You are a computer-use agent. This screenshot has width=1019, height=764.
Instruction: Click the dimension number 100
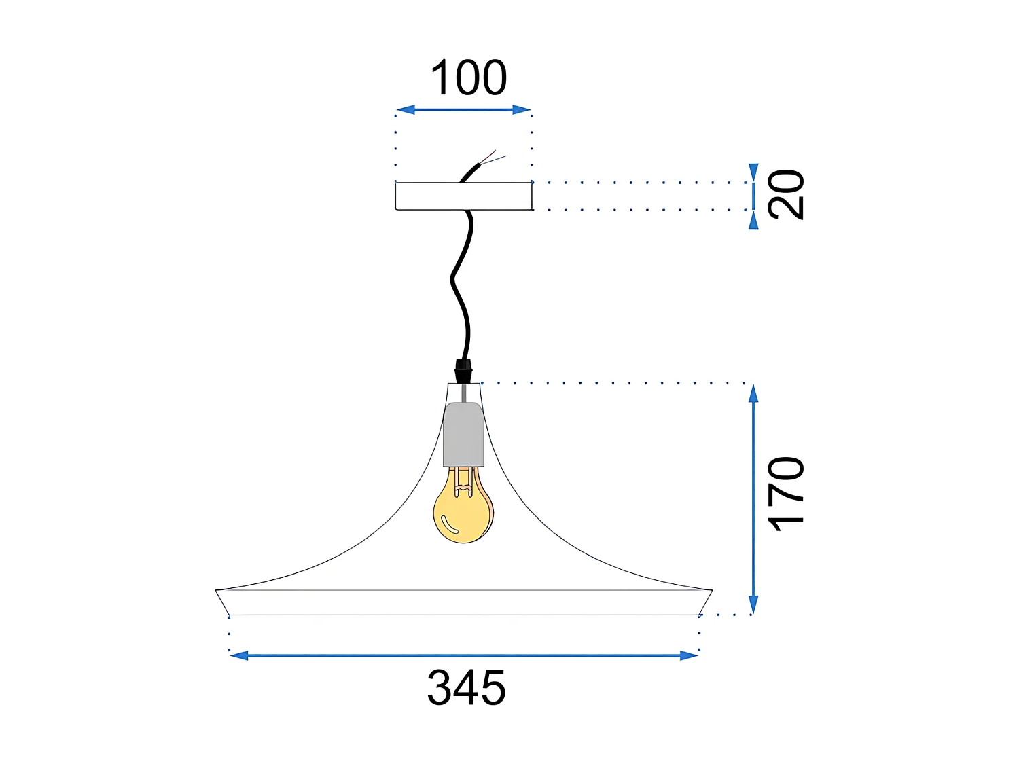point(469,77)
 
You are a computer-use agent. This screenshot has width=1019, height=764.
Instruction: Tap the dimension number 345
point(467,687)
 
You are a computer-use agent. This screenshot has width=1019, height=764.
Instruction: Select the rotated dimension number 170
point(786,493)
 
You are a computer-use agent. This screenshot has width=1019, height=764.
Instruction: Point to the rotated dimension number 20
point(786,194)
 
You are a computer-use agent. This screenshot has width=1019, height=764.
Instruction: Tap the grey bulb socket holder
point(463,435)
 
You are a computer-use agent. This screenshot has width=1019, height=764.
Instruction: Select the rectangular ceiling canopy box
point(463,196)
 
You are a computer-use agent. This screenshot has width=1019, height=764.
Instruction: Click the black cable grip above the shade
point(463,371)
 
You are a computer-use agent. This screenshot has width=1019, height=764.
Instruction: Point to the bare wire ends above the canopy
point(493,159)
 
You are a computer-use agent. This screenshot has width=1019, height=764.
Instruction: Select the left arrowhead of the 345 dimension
point(238,655)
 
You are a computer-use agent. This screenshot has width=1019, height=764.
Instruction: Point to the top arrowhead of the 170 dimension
point(753,393)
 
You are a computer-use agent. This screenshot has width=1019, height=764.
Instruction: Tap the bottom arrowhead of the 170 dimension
point(753,605)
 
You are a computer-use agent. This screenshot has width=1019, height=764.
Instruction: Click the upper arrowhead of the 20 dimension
point(753,172)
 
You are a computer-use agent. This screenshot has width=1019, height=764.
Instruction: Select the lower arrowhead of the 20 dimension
point(753,221)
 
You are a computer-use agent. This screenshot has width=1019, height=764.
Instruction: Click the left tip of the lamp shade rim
point(217,591)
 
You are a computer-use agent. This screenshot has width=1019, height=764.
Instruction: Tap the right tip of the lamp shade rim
point(711,591)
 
